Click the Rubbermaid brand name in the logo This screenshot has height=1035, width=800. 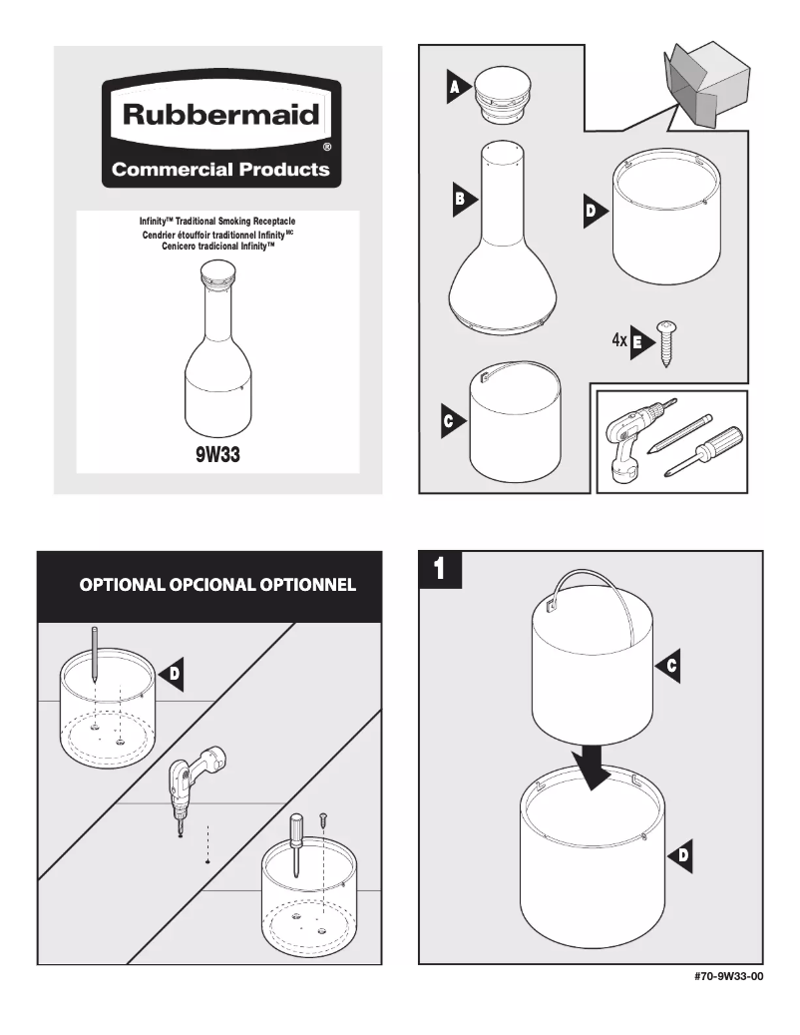click(220, 115)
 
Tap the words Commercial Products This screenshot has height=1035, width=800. click(220, 169)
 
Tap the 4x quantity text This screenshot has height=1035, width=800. click(619, 340)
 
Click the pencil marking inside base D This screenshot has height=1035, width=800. click(92, 655)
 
